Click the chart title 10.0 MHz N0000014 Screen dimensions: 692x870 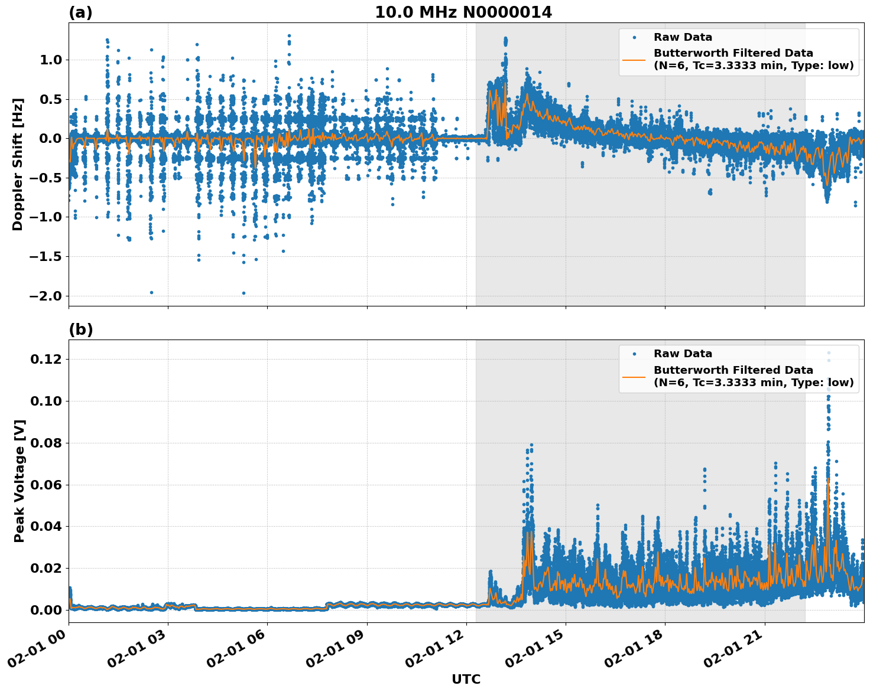coord(463,12)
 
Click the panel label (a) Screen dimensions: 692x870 coord(80,12)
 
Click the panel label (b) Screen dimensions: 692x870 coord(81,329)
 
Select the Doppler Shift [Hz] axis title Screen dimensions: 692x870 coord(18,164)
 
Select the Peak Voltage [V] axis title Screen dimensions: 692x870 coord(20,481)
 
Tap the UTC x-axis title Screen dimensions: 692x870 coord(466,679)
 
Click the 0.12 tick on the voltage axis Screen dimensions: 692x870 coord(47,359)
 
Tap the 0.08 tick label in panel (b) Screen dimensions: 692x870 coord(47,443)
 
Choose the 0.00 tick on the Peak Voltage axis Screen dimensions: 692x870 coord(47,610)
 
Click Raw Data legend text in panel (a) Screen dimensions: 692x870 coord(683,37)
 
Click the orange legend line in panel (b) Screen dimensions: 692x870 coord(634,376)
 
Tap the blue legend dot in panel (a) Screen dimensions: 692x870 coord(634,37)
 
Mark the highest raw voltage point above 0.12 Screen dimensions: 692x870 coord(829,352)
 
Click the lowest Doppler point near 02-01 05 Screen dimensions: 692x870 coord(244,293)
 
